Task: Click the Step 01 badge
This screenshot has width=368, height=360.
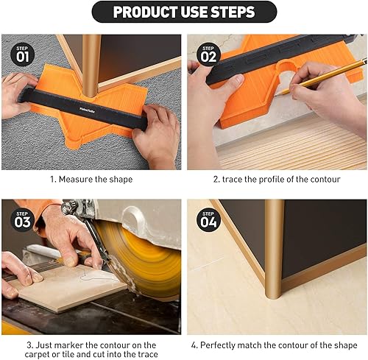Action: click(x=22, y=54)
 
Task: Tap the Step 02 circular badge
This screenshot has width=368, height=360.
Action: click(x=208, y=54)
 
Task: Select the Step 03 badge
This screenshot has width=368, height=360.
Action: click(x=22, y=220)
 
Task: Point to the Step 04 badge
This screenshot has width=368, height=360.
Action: click(x=208, y=220)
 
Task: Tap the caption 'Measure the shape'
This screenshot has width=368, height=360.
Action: click(x=96, y=180)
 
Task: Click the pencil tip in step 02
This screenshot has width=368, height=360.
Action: click(x=276, y=96)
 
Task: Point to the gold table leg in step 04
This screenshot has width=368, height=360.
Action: click(x=275, y=249)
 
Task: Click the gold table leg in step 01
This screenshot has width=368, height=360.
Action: click(x=91, y=65)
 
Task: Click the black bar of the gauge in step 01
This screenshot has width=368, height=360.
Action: click(x=82, y=108)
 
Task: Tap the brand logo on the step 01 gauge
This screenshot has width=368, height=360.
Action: click(x=88, y=110)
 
